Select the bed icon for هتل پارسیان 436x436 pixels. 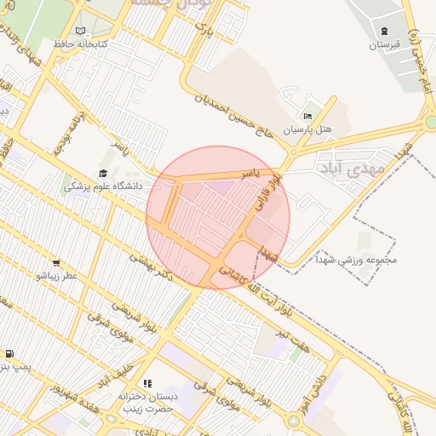[307, 116]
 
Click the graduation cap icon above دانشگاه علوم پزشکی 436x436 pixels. [103, 174]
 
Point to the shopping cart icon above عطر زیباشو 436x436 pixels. [56, 263]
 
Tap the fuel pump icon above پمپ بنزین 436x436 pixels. [9, 353]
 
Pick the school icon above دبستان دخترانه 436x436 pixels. [147, 384]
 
